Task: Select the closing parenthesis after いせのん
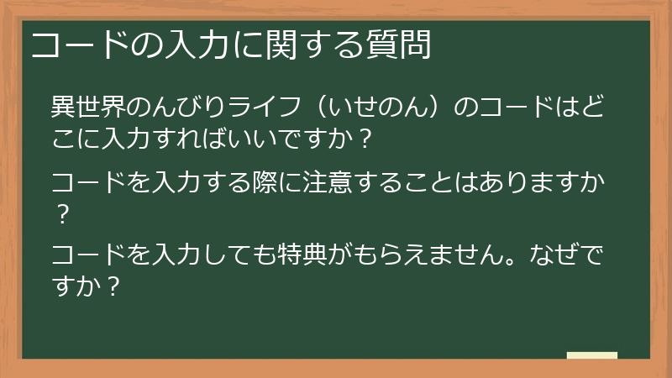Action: (440, 108)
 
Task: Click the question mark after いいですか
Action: (364, 137)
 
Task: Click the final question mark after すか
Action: (113, 285)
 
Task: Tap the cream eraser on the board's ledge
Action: (592, 355)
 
